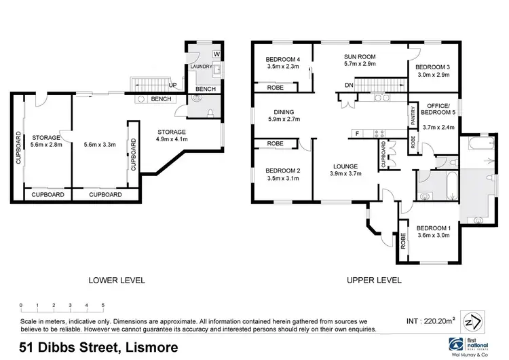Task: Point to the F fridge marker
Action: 357,134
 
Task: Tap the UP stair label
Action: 173,86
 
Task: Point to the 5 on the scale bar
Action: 102,305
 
